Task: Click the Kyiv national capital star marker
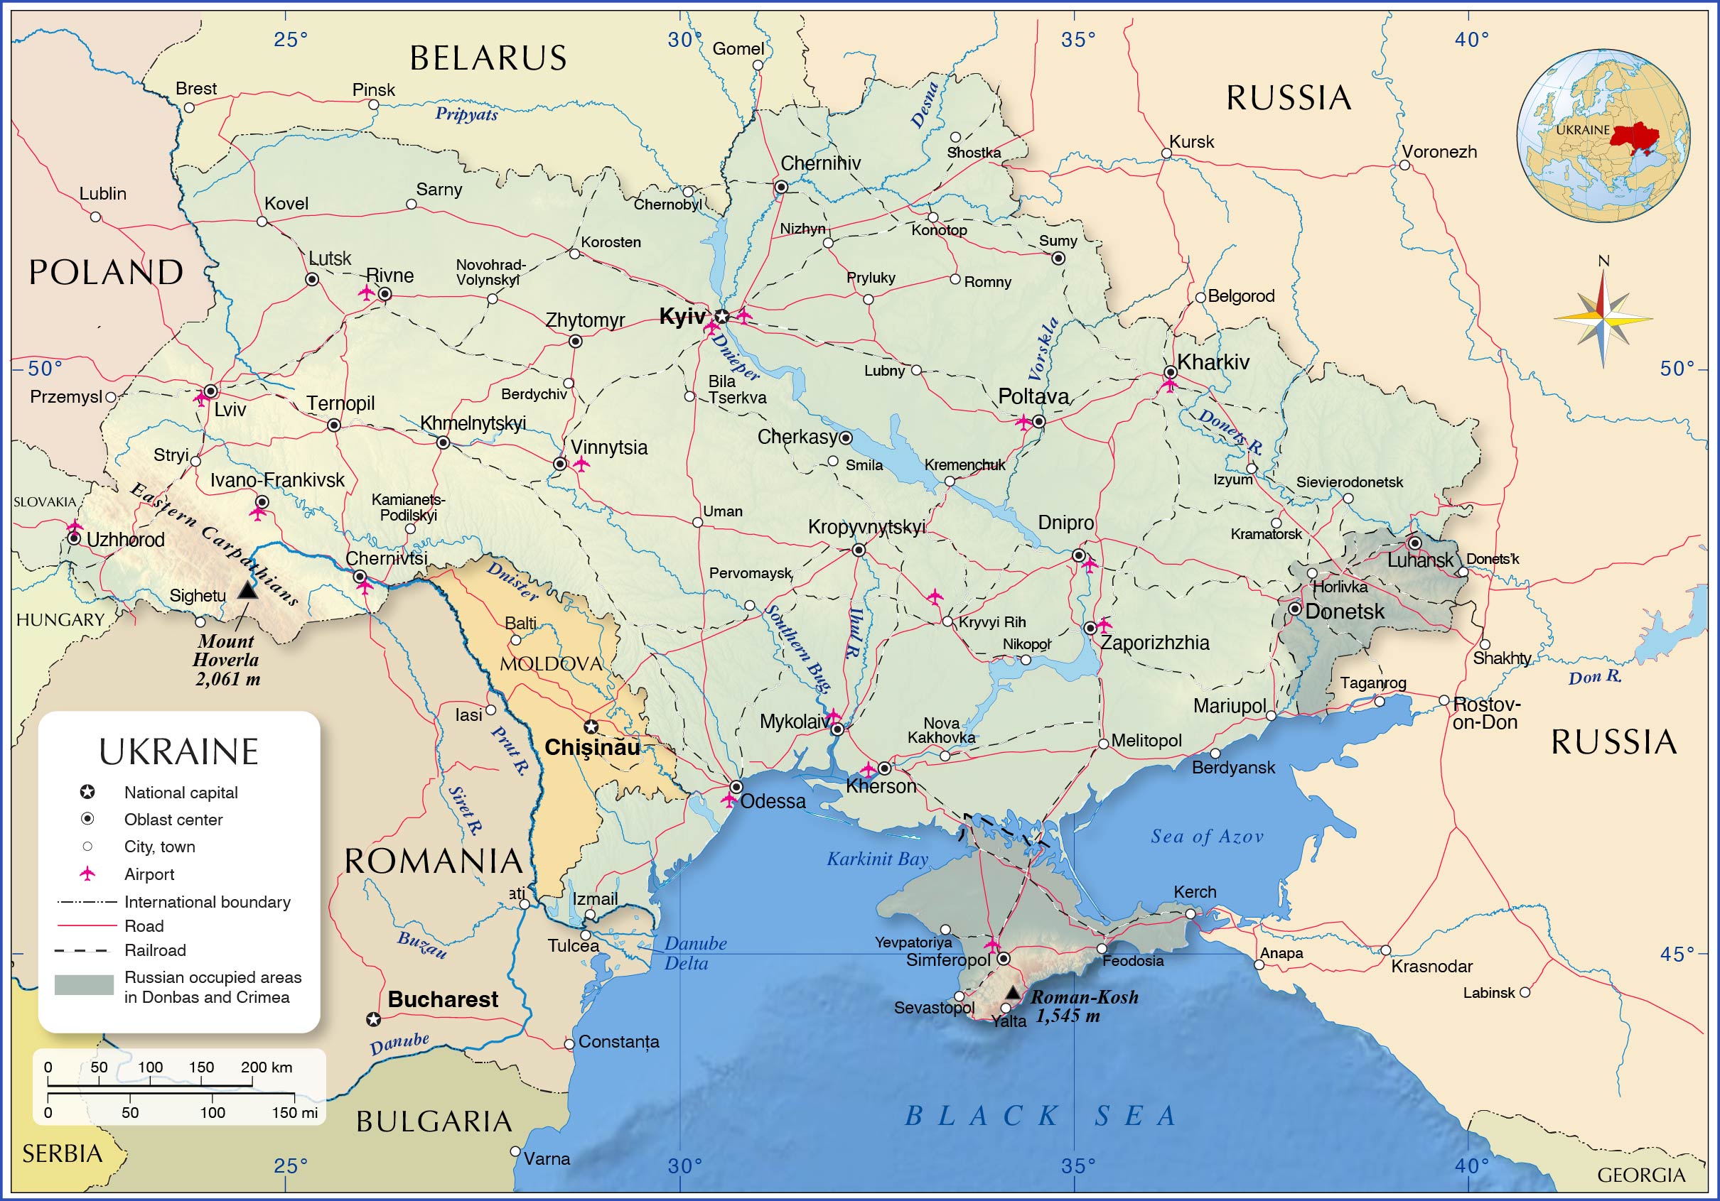coord(721,317)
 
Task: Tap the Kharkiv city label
coord(1213,362)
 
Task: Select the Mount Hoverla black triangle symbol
coord(247,590)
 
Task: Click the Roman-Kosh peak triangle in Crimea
coord(1012,993)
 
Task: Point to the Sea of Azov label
coord(1207,837)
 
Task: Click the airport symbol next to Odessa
coord(728,800)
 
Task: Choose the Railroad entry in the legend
coord(154,950)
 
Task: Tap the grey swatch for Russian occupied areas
coord(84,984)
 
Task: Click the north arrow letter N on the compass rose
coord(1603,261)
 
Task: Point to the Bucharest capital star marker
coord(373,1019)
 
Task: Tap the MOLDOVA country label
coord(551,663)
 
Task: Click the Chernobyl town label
coord(667,205)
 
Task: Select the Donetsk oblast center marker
coord(1294,609)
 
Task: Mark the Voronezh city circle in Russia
coord(1404,165)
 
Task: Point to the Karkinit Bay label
coord(877,859)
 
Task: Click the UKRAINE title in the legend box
coord(179,751)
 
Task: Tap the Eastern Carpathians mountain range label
coord(214,543)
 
